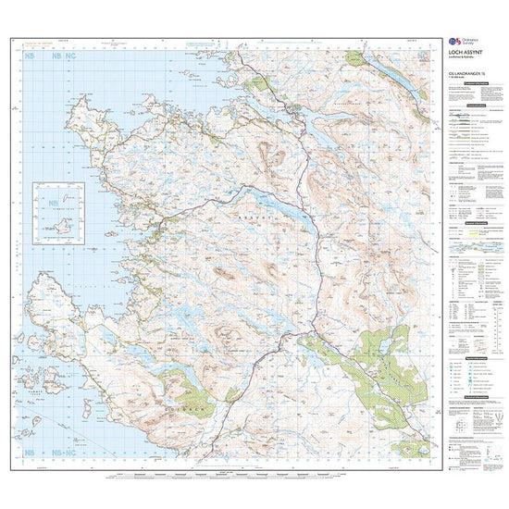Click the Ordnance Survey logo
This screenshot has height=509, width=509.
pyautogui.click(x=456, y=42)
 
